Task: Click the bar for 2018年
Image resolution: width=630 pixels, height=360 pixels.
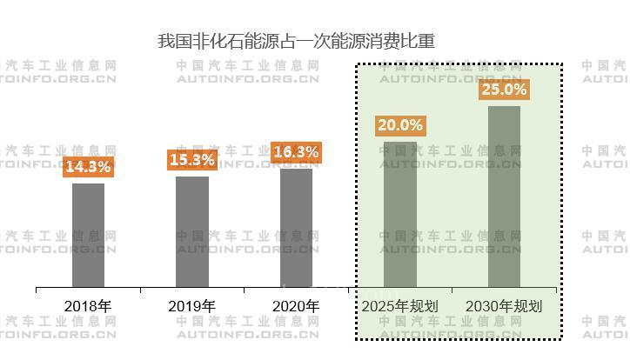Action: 88,235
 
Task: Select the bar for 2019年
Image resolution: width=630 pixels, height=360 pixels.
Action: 192,231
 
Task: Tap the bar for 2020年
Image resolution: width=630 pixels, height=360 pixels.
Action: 296,227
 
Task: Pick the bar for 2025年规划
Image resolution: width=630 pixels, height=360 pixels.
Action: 400,214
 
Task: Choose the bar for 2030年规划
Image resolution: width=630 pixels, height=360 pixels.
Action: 504,197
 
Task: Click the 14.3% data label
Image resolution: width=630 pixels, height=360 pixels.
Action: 88,166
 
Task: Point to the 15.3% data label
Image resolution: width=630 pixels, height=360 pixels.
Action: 192,160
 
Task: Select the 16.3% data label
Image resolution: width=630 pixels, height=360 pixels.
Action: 296,152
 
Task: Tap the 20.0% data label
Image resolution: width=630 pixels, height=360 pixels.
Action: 400,125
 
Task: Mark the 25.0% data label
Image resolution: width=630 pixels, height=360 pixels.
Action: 504,90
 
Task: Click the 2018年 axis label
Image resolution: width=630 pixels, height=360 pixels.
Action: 88,306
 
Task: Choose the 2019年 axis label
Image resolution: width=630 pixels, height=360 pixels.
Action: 192,306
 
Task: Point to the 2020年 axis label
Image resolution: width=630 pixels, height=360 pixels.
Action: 296,306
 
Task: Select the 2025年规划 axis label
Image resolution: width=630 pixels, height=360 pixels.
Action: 400,306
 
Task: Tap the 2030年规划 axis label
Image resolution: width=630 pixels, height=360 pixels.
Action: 504,306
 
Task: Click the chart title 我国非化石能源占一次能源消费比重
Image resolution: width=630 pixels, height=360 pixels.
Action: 296,40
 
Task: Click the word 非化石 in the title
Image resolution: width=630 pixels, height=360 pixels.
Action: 211,40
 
